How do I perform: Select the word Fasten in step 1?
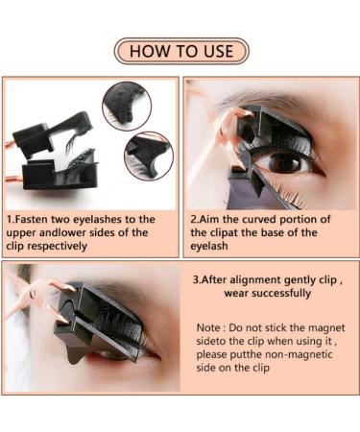tap(37, 219)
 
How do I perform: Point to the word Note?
tap(210, 327)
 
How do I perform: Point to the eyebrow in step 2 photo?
tap(288, 106)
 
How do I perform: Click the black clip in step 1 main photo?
tap(58, 149)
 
